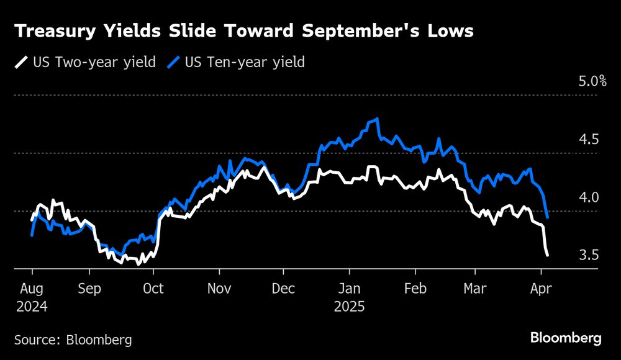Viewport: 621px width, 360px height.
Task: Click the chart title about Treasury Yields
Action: point(244,32)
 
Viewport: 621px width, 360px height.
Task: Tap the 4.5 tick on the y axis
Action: point(588,140)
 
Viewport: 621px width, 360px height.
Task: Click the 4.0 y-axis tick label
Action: point(588,197)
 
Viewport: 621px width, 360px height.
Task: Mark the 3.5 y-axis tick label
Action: point(588,255)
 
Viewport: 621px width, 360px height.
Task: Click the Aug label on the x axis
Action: point(32,289)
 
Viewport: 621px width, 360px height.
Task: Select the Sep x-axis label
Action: point(90,289)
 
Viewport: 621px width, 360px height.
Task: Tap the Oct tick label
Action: point(153,289)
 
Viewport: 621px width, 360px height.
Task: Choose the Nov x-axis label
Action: point(219,289)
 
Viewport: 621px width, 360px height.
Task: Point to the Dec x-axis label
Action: point(283,289)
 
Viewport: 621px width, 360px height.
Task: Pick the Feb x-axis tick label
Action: point(415,289)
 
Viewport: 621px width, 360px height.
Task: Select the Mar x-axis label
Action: point(474,289)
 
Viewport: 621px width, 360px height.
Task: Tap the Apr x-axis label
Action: point(541,289)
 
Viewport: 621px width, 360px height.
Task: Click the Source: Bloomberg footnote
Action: point(73,340)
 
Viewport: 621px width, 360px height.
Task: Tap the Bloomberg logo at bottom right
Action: point(566,338)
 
